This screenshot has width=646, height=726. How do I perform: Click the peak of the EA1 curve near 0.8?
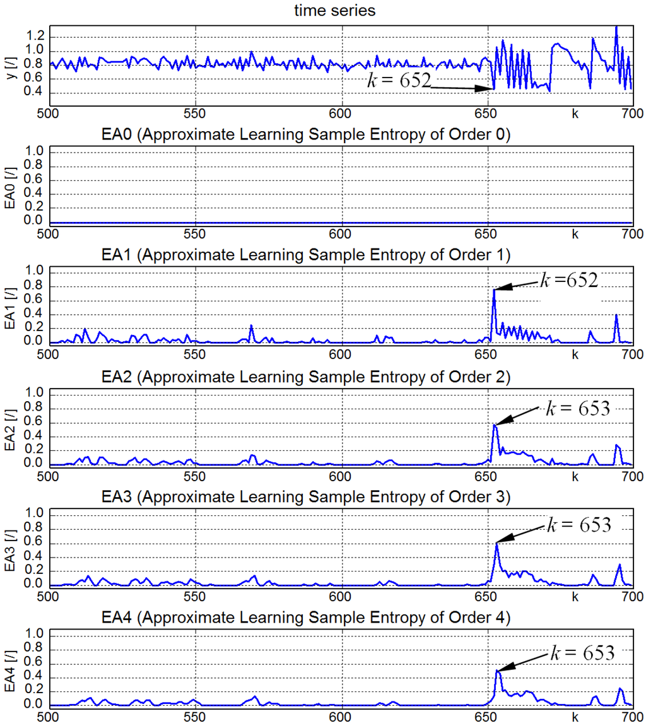click(494, 290)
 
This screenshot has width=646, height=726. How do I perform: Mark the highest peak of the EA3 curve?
click(496, 544)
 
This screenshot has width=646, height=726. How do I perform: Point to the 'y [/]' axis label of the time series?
click(8, 61)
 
